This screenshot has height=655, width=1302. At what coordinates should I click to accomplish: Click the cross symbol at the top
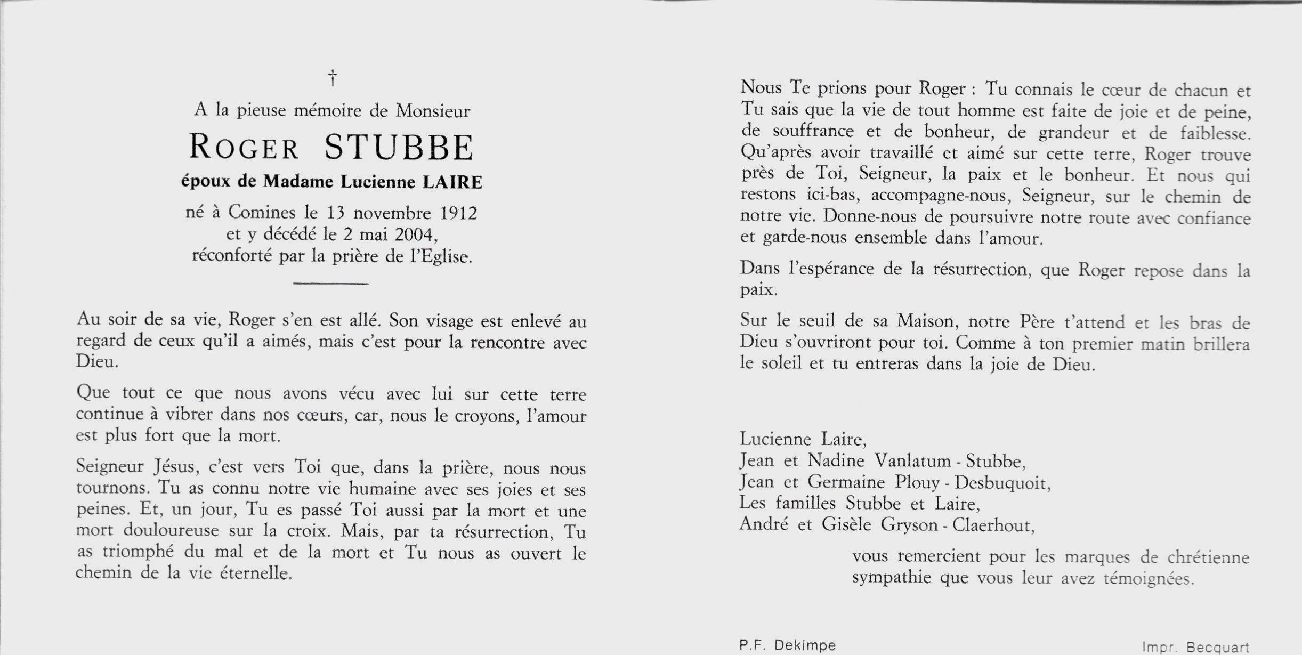click(332, 78)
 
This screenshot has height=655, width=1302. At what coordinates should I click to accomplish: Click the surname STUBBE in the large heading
click(399, 148)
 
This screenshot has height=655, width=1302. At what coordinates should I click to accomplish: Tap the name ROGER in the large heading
click(244, 148)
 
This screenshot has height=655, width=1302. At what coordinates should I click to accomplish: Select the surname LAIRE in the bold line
click(452, 182)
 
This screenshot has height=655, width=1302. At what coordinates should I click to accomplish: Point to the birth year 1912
click(458, 213)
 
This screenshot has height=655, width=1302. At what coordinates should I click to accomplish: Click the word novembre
click(392, 213)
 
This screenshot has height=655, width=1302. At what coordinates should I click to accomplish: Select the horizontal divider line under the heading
click(331, 284)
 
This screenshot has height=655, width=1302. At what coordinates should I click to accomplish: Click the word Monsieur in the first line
click(433, 111)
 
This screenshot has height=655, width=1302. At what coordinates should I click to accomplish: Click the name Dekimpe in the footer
click(805, 645)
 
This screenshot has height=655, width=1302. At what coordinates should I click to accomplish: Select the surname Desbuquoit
click(1002, 483)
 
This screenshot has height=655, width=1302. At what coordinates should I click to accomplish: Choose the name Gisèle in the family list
click(846, 525)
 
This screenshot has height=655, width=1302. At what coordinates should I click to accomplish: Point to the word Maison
click(925, 321)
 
